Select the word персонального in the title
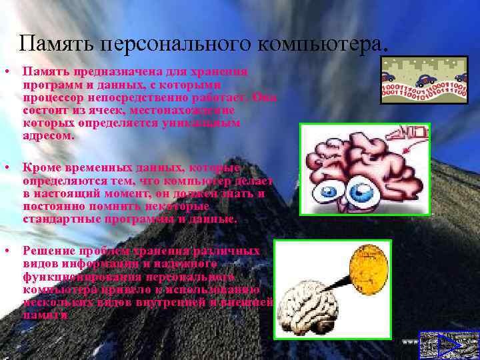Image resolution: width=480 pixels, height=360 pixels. point(173,43)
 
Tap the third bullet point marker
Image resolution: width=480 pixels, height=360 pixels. point(6,251)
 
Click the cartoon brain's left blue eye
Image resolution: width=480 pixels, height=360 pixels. point(331,194)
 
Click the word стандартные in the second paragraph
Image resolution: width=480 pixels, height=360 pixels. point(57,219)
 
